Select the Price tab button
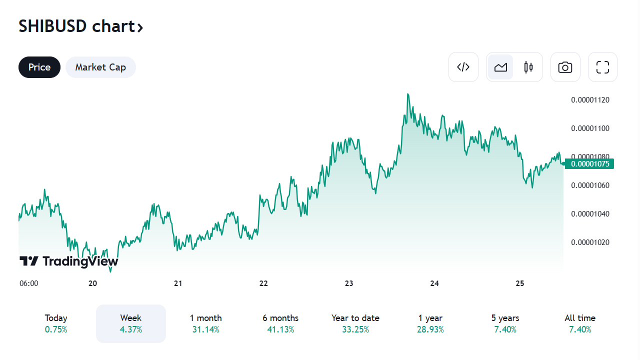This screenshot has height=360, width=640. (x=39, y=67)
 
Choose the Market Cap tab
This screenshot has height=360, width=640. (x=100, y=67)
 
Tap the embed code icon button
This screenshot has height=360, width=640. (x=463, y=67)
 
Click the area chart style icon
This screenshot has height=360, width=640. (x=500, y=67)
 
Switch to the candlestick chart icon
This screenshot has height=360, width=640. (x=528, y=67)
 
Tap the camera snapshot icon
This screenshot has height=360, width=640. (x=565, y=67)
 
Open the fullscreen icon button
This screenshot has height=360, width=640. (x=602, y=67)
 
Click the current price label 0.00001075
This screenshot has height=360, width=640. (x=589, y=163)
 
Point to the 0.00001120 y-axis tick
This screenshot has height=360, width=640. (x=590, y=100)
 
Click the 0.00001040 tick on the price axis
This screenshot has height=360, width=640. (x=590, y=214)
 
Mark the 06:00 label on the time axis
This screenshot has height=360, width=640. (x=29, y=283)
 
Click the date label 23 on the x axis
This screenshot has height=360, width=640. (x=349, y=283)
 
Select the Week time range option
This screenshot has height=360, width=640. (x=131, y=323)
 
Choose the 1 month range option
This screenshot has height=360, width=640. (x=205, y=323)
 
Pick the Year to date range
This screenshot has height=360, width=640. (x=355, y=323)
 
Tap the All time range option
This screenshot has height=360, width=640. (x=580, y=323)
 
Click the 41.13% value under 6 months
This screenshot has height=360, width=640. (x=280, y=329)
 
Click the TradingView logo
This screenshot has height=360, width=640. (x=69, y=261)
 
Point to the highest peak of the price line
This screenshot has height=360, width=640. (x=408, y=94)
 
